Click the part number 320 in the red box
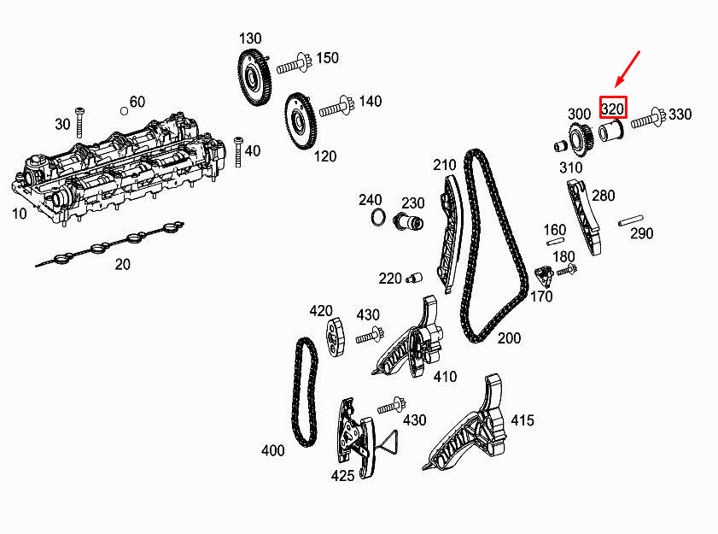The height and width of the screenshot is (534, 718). pos(612,109)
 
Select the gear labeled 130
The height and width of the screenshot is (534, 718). pos(254,79)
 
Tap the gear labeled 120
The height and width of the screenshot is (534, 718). pos(301,121)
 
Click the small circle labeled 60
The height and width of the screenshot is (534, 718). pos(124,110)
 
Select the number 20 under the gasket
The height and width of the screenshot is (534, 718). pos(123,264)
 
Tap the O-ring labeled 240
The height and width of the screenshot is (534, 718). pos(378,218)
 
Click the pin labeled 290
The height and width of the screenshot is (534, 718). pos(631,220)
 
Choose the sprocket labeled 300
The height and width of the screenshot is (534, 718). pos(581,137)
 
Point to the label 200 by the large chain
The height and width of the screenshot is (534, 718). pos(509,338)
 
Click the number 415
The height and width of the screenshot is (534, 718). pos(522,420)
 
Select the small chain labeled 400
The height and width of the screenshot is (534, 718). pos(306,392)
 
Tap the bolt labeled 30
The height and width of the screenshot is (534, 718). pos(80,122)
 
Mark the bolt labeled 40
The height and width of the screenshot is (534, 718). pos(238,152)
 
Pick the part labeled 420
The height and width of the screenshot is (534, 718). pos(336,337)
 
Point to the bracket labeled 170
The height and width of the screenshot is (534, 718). pos(544,276)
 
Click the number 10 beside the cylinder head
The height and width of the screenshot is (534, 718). pos(20,213)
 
